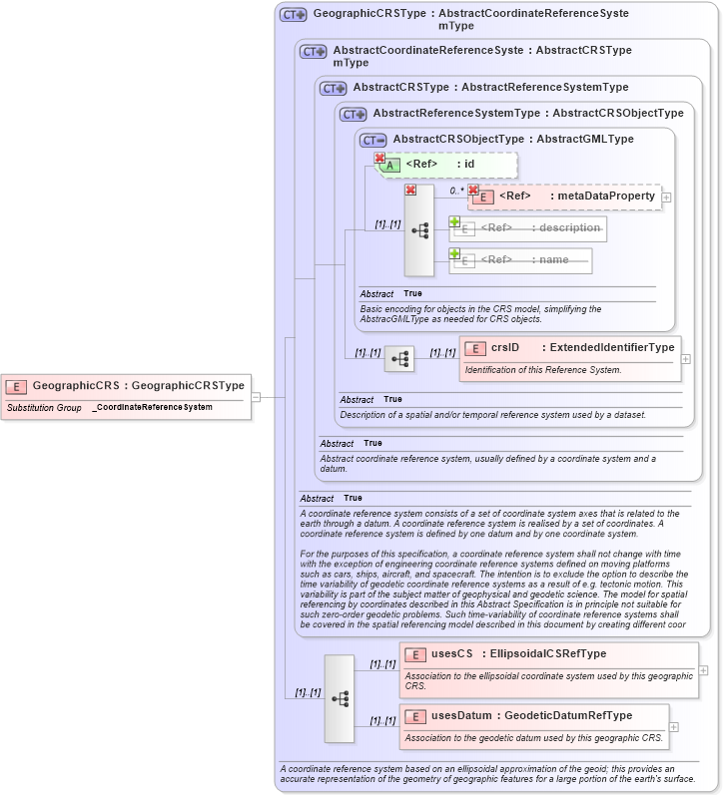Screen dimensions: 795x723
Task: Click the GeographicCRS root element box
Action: click(126, 385)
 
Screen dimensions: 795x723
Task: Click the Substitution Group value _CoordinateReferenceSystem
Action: click(152, 407)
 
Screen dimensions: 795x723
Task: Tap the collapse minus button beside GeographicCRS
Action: click(257, 396)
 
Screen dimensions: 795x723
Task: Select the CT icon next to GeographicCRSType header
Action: click(293, 15)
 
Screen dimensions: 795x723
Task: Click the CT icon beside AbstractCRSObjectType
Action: click(372, 140)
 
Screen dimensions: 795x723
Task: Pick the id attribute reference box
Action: click(446, 165)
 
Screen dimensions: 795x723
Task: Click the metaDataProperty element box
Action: click(564, 197)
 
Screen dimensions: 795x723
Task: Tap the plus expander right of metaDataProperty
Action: click(667, 198)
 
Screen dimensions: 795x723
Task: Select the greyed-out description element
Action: click(528, 228)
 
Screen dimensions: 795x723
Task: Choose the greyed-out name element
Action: click(520, 260)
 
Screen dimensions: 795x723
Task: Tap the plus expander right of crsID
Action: click(686, 358)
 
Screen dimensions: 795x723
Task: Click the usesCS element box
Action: click(548, 654)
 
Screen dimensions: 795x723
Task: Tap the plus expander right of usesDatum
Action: click(673, 726)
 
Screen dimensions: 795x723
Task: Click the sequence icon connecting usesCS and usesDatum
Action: click(340, 698)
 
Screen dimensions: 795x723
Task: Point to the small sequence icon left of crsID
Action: click(399, 359)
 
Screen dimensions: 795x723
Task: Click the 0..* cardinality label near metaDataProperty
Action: click(456, 191)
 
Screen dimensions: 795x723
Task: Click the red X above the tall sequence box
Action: click(409, 190)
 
